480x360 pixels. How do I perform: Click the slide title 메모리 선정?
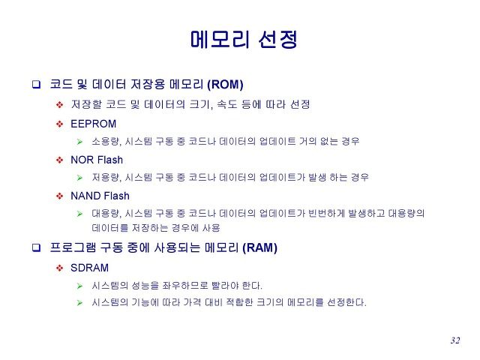tap(244, 39)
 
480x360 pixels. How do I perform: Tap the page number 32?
tap(455, 340)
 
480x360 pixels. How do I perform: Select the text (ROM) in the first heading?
tap(225, 84)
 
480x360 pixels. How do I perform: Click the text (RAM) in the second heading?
tap(259, 247)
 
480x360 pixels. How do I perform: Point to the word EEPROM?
tap(93, 124)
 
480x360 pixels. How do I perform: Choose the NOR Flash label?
tap(97, 160)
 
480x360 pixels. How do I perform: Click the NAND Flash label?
tap(100, 196)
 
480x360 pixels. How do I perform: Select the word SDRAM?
tap(90, 268)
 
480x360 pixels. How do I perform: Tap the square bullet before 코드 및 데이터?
tap(37, 84)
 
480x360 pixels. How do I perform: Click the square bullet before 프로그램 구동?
tap(37, 247)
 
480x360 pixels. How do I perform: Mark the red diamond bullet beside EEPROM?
tap(60, 124)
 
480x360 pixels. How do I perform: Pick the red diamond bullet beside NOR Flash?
tap(60, 160)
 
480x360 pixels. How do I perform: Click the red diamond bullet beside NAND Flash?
tap(60, 196)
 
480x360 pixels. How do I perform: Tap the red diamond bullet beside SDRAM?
tap(60, 268)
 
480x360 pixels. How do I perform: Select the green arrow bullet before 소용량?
tap(80, 142)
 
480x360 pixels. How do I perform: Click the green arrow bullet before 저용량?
tap(80, 178)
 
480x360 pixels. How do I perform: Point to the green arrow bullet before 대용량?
tap(80, 214)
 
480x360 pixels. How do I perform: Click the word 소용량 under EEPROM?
tap(106, 141)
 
